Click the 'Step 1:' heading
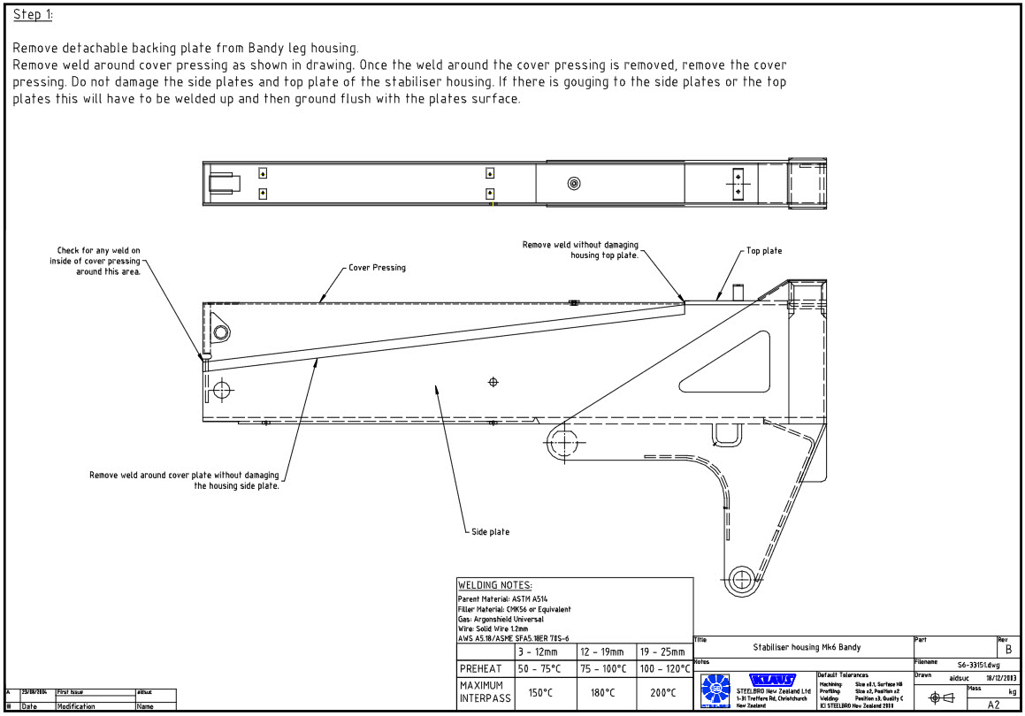click(33, 15)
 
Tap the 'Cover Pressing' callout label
click(377, 268)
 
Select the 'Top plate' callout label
click(763, 251)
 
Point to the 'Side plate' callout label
click(490, 531)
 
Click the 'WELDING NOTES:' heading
click(494, 585)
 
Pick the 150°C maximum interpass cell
click(540, 692)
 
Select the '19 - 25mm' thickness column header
click(664, 651)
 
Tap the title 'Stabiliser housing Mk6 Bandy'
click(806, 647)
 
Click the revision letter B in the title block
click(1007, 650)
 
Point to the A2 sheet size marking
click(993, 705)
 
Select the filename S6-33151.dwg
click(979, 664)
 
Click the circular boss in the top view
click(574, 184)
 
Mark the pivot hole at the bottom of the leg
click(742, 579)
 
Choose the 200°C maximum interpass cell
click(664, 692)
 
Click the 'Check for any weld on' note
click(98, 251)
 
